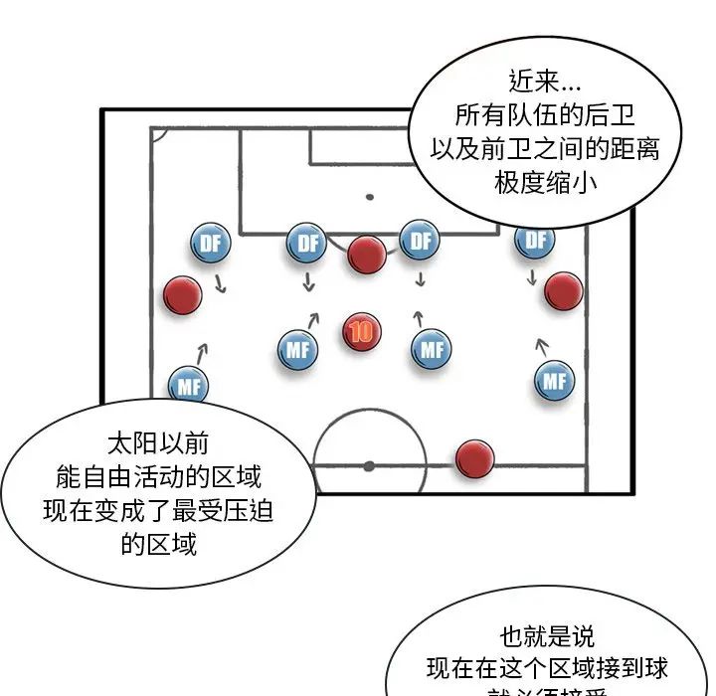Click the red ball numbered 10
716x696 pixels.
[361, 331]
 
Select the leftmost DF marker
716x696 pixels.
[210, 244]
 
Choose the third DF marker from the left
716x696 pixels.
[420, 242]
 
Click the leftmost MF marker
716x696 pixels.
[188, 385]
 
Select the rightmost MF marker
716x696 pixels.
[554, 381]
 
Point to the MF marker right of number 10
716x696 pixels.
[432, 350]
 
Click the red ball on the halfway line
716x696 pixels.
[474, 457]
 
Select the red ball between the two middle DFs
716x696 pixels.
[367, 255]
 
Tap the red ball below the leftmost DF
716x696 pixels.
[182, 294]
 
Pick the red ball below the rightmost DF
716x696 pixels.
[563, 290]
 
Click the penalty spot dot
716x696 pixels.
[370, 197]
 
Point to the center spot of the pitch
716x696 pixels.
[368, 464]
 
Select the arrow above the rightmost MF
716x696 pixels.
[541, 346]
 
